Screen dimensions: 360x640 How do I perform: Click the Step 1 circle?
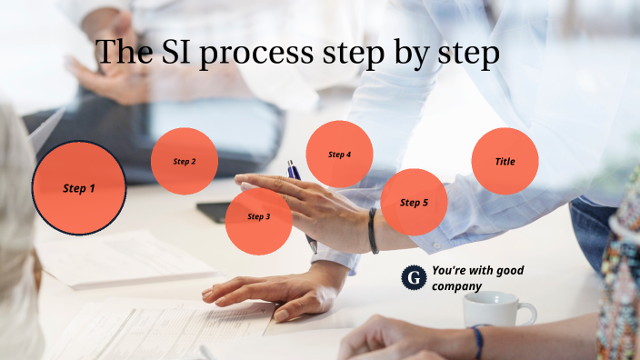[x=79, y=188]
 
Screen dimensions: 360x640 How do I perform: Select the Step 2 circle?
[x=185, y=162]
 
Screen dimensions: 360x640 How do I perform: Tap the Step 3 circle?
[x=258, y=218]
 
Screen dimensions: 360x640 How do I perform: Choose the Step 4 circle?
[x=339, y=155]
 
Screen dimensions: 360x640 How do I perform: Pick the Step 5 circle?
[x=414, y=202]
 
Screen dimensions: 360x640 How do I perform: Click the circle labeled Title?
[x=505, y=162]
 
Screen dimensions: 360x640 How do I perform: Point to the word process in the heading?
[x=256, y=55]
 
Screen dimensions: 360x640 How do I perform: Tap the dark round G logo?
[x=414, y=277]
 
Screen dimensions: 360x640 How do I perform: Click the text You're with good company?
[x=477, y=278]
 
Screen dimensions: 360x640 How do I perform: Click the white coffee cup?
[x=492, y=310]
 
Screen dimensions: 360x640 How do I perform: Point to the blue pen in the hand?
[x=294, y=170]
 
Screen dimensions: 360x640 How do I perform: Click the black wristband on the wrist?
[x=373, y=231]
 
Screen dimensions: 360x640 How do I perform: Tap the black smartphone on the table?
[x=213, y=212]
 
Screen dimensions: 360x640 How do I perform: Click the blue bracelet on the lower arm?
[x=477, y=340]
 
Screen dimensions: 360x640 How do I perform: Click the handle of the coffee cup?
[x=526, y=313]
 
